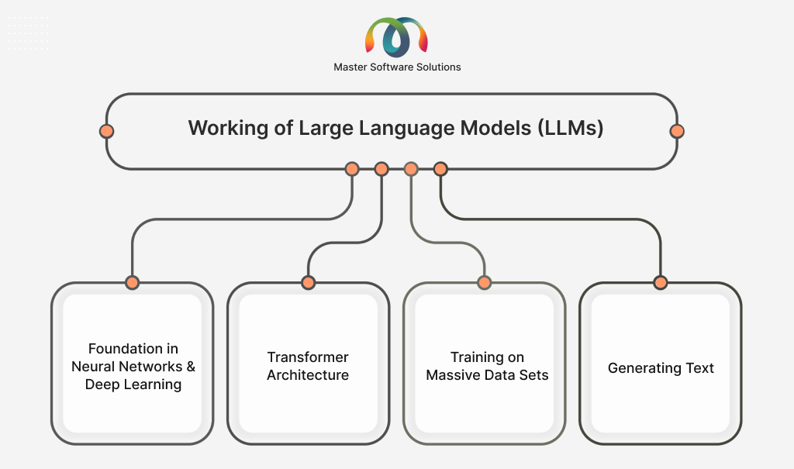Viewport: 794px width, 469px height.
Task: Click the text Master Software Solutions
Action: click(x=397, y=67)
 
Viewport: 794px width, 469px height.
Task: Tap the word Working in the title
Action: click(x=223, y=129)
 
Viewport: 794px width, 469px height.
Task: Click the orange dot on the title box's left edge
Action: click(x=106, y=131)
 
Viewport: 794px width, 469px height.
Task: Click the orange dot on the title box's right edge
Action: click(x=677, y=131)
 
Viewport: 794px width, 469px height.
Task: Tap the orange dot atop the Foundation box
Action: click(x=132, y=282)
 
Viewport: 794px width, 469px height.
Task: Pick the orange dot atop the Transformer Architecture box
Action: click(x=308, y=282)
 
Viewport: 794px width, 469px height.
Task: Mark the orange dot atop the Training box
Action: click(x=484, y=282)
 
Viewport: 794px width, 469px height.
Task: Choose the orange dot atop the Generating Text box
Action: click(x=661, y=282)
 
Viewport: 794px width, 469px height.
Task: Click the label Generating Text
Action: click(x=661, y=368)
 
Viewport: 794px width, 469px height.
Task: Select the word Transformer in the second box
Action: click(x=308, y=357)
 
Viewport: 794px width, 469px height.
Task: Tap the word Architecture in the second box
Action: click(x=308, y=375)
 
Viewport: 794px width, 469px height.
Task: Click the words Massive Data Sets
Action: click(x=487, y=375)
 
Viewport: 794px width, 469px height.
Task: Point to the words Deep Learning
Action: click(x=133, y=385)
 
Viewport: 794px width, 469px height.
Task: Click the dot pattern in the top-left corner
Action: click(x=28, y=33)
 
